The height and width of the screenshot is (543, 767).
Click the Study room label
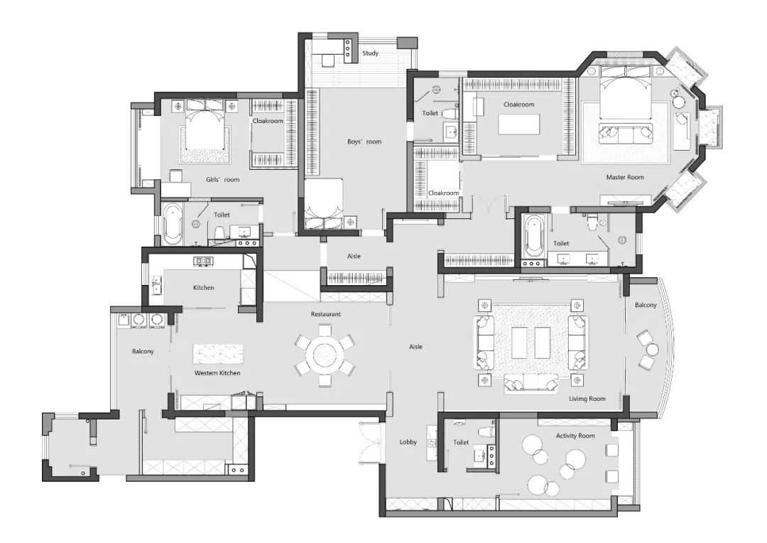[x=370, y=53]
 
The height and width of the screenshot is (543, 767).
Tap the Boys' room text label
[x=364, y=141]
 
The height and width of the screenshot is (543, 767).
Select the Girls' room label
[x=222, y=180]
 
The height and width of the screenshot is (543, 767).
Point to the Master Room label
[x=625, y=177]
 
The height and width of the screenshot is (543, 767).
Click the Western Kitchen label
[x=217, y=373]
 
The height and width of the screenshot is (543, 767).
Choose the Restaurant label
[x=326, y=314]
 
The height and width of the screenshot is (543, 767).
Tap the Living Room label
[x=587, y=399]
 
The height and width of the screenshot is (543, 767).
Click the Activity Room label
[x=575, y=436]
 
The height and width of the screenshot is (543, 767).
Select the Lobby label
[x=408, y=442]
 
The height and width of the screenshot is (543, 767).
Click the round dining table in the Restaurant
[x=324, y=355]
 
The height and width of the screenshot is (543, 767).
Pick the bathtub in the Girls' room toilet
[x=172, y=224]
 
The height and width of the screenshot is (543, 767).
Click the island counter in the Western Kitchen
[x=218, y=354]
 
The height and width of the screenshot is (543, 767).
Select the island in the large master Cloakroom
[x=519, y=124]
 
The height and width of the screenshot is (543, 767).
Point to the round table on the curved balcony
[x=652, y=350]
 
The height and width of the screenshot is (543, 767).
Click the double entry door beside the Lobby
[x=369, y=443]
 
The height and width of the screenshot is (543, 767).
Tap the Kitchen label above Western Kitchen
[x=204, y=288]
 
